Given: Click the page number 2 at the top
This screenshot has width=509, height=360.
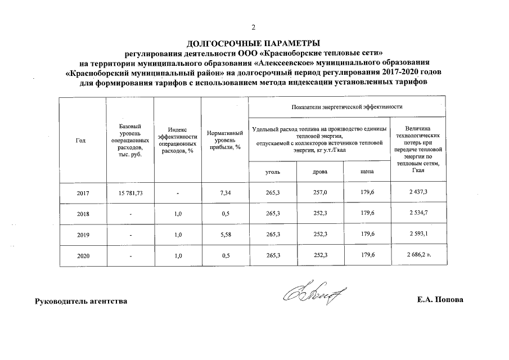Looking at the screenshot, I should [x=254, y=28].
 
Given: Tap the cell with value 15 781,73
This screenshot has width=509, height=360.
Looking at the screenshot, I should [x=130, y=192].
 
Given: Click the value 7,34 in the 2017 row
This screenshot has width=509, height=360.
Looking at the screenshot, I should [x=224, y=192].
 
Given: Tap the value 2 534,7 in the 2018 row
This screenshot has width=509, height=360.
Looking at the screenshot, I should [x=418, y=213].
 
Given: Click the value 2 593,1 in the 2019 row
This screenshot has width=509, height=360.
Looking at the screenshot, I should [x=418, y=235].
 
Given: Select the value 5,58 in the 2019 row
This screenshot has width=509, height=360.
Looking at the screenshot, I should [x=224, y=235].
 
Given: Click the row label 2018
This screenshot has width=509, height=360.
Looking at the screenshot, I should [x=83, y=214].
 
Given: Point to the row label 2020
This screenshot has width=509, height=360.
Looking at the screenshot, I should [x=83, y=256].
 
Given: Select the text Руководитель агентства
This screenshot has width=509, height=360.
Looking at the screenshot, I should [x=81, y=301].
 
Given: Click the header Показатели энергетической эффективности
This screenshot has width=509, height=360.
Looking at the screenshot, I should [x=347, y=106].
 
